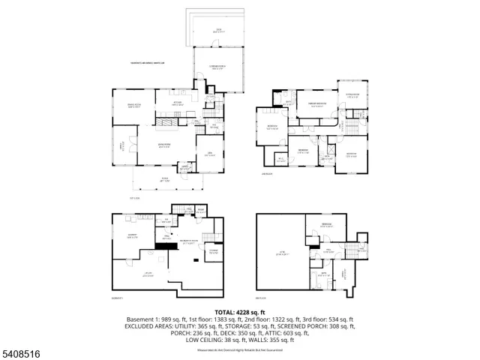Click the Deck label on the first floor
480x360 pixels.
point(218,31)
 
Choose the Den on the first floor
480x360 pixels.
point(210,153)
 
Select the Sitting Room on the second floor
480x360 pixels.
point(352,95)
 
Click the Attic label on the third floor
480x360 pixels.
point(281,253)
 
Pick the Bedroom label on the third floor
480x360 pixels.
point(327,226)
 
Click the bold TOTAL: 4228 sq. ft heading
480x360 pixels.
point(239,311)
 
